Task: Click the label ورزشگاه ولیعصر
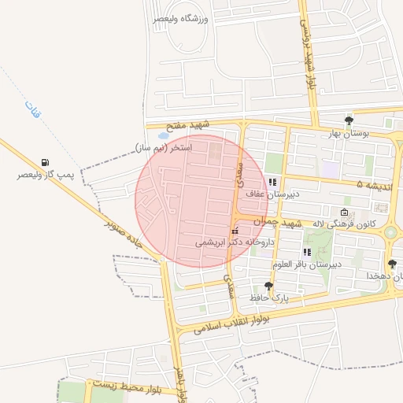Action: coord(183,18)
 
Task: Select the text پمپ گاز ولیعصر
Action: coord(46,175)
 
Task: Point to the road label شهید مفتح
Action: coord(188,125)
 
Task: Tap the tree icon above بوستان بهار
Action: coord(349,120)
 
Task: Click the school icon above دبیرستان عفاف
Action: coord(273,182)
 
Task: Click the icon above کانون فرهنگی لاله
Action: coord(344,213)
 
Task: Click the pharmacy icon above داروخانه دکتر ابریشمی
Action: coord(234,231)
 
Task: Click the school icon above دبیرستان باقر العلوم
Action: coord(307,252)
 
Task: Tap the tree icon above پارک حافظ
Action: coord(269,286)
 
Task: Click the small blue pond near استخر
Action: coord(163,135)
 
